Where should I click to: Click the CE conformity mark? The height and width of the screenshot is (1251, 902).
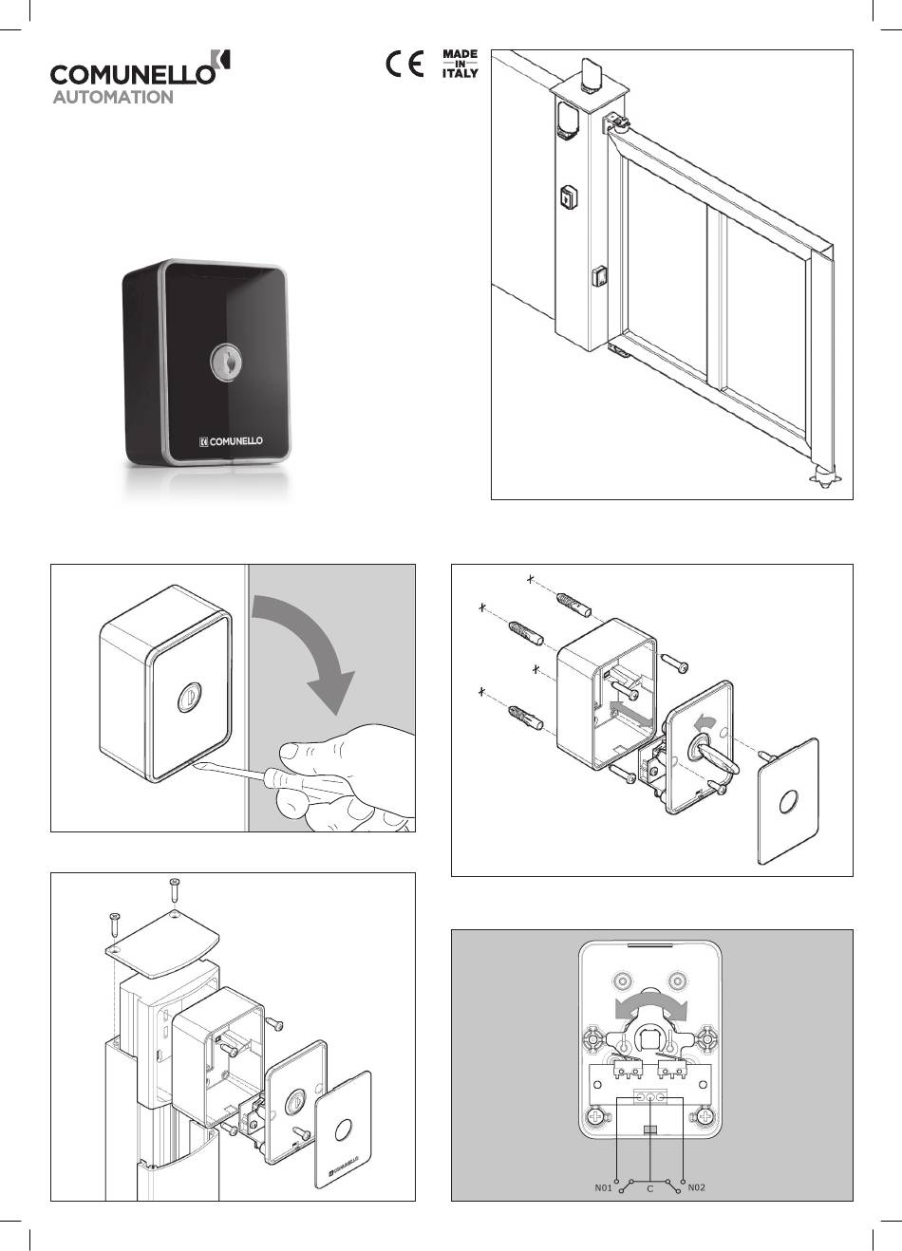pyautogui.click(x=404, y=65)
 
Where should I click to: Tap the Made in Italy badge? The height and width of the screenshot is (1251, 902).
pyautogui.click(x=460, y=65)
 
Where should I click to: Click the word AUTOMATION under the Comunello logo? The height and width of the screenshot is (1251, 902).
pyautogui.click(x=112, y=97)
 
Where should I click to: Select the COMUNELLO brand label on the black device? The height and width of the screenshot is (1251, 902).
pyautogui.click(x=232, y=440)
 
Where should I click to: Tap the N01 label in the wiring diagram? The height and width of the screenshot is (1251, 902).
pyautogui.click(x=603, y=1187)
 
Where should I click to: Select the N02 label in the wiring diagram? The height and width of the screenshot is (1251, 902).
pyautogui.click(x=696, y=1187)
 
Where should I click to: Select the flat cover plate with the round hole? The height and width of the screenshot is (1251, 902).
pyautogui.click(x=788, y=800)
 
